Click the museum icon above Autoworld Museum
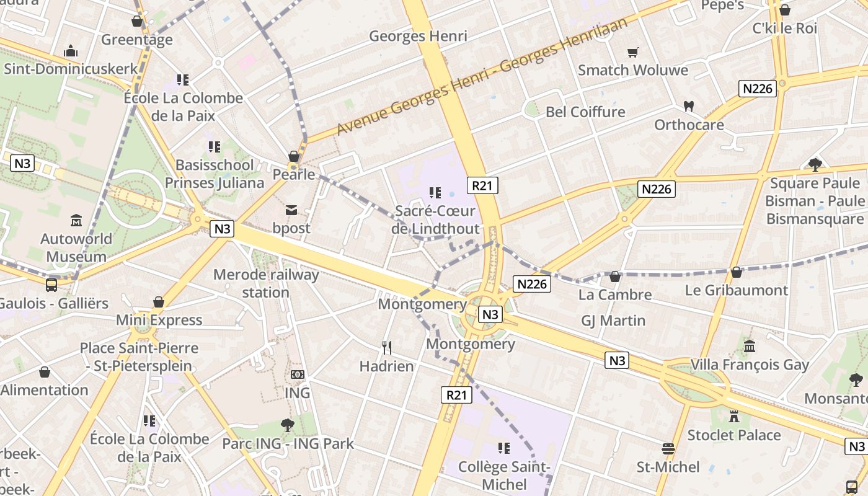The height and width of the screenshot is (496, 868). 76,220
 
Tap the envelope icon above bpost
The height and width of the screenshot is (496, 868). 291,210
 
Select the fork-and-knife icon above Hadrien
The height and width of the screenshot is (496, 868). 387,347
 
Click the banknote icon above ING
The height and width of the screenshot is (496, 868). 298,374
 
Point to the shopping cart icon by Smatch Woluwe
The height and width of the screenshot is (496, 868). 632,52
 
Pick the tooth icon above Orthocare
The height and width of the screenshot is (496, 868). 688,106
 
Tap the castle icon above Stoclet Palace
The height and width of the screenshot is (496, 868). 734,416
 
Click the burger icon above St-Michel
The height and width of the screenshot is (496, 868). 668,448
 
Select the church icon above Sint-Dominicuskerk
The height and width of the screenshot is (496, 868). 71,50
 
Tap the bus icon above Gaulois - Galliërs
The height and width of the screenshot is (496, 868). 51,285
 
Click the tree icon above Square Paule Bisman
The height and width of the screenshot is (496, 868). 815,165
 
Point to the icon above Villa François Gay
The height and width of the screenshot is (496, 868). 750,346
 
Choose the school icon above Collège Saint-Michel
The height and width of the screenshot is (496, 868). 503,448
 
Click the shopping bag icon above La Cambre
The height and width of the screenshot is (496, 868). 615,276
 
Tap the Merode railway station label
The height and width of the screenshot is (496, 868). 266,283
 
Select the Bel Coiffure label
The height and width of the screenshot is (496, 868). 585,112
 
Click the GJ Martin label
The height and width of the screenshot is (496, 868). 613,321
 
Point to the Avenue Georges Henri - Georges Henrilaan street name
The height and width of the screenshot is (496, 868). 482,76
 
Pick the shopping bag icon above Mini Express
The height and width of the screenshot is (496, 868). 159,302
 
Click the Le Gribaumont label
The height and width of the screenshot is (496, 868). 737,290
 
